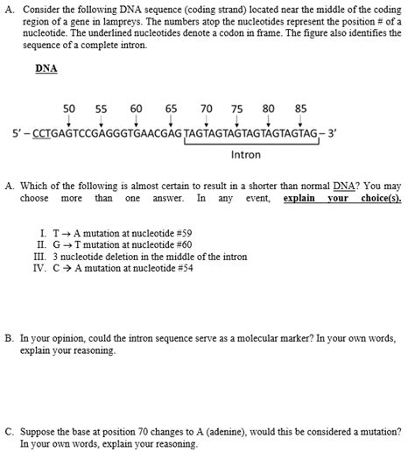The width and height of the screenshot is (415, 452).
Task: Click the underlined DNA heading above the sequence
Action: [46, 67]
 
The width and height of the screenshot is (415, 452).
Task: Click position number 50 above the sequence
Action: [69, 109]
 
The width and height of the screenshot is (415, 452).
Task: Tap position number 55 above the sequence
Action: [101, 109]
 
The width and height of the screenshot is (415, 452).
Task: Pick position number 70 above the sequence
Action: [206, 109]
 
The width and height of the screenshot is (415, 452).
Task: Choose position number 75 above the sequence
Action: [236, 109]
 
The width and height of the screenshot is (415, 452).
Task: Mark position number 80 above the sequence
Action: [269, 109]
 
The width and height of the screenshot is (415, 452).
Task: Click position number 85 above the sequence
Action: [300, 109]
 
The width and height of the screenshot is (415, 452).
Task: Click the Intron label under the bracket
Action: [246, 155]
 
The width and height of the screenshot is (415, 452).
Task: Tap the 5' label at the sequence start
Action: [18, 134]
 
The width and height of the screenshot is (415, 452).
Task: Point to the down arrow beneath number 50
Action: [69, 121]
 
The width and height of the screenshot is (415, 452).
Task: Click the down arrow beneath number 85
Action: [300, 121]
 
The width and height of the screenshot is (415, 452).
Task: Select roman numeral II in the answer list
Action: [42, 245]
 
